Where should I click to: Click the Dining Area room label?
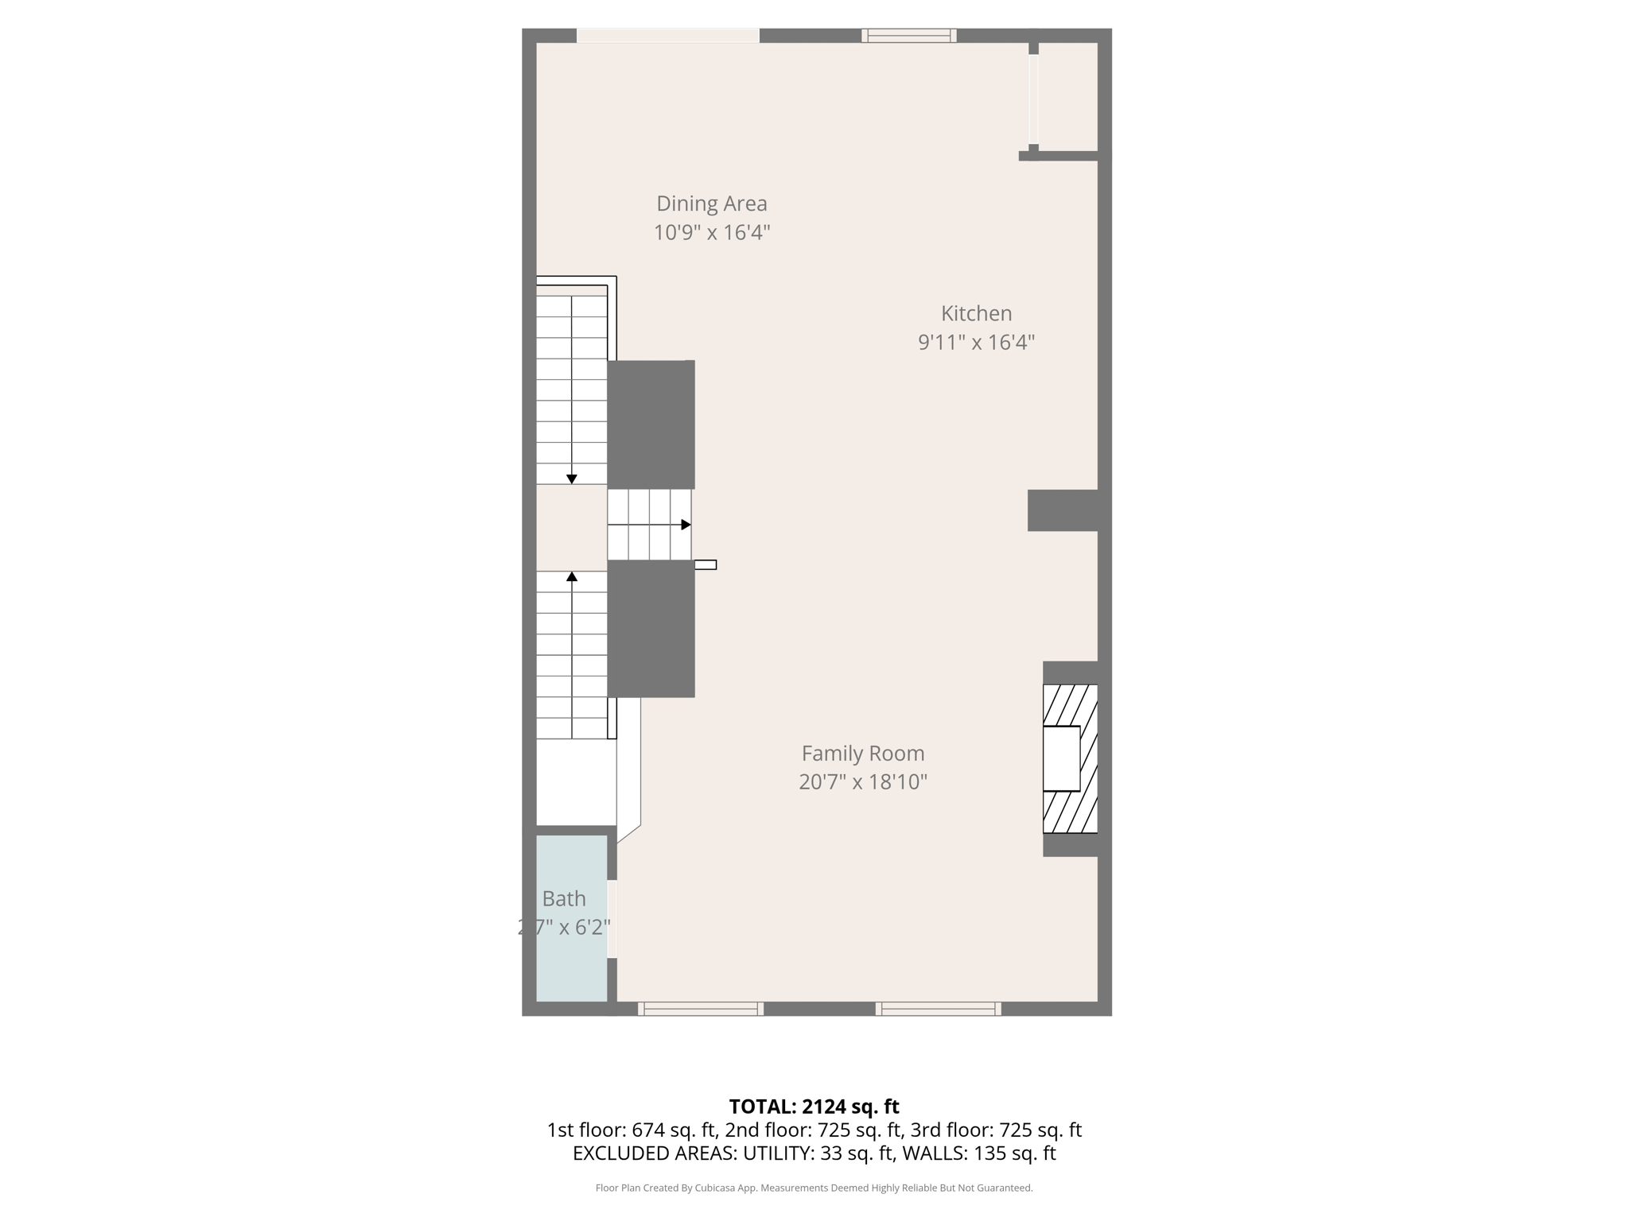pos(711,203)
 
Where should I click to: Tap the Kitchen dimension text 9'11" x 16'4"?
pos(976,343)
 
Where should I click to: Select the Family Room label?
pos(862,753)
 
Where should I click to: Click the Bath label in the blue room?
pos(564,898)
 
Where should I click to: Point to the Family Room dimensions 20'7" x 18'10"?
pos(862,782)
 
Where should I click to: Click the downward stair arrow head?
pos(571,479)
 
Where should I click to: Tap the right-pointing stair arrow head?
pos(686,525)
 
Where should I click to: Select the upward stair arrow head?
pos(571,576)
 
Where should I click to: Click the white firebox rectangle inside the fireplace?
pos(1061,758)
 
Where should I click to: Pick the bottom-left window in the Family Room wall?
pos(700,1009)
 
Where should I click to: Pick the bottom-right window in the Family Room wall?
pos(938,1009)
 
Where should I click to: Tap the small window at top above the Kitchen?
pos(908,35)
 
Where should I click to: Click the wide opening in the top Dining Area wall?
pos(667,35)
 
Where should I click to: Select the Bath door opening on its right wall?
pos(612,918)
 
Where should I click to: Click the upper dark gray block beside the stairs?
pos(651,424)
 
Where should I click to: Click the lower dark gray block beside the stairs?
pos(651,629)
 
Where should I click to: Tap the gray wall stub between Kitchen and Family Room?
pos(1063,510)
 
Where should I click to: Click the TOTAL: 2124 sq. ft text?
pos(814,1106)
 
